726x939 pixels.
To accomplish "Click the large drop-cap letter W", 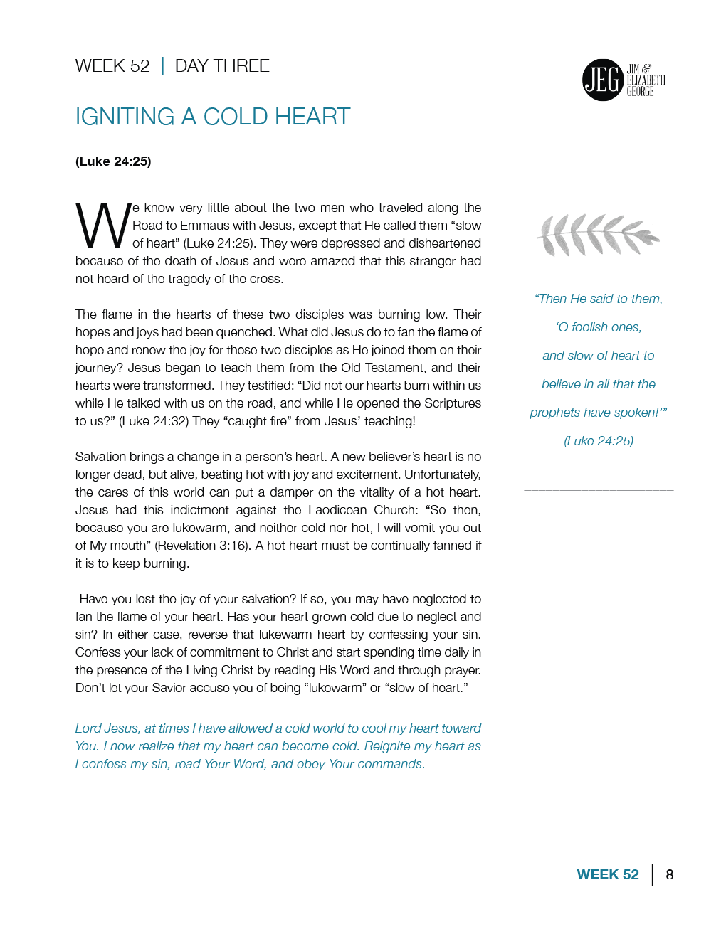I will pyautogui.click(x=102, y=226).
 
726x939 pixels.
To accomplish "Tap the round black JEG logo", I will pyautogui.click(x=602, y=80).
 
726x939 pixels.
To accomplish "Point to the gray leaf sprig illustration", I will pyautogui.click(x=598, y=235).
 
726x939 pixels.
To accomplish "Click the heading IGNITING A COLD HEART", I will pyautogui.click(x=213, y=117).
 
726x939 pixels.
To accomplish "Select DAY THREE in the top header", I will pyautogui.click(x=222, y=66).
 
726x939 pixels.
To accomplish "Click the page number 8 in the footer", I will pyautogui.click(x=669, y=874).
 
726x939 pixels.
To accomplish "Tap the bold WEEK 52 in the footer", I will pyautogui.click(x=608, y=874).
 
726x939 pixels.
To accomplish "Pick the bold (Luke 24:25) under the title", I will pyautogui.click(x=113, y=161).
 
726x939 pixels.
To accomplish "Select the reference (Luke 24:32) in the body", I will pyautogui.click(x=154, y=421).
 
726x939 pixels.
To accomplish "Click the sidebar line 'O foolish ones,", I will pyautogui.click(x=599, y=327).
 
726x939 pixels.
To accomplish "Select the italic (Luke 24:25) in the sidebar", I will pyautogui.click(x=599, y=441).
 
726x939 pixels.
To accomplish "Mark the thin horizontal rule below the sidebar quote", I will pyautogui.click(x=599, y=490).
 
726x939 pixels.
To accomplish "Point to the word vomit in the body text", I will pyautogui.click(x=420, y=528).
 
